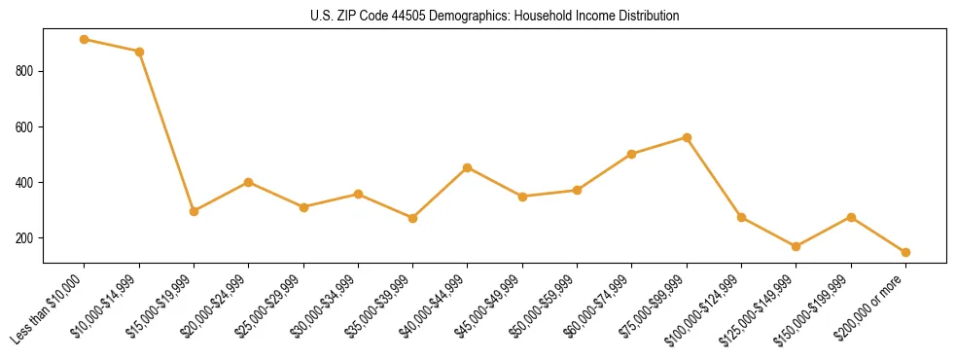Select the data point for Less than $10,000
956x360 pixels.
click(x=85, y=40)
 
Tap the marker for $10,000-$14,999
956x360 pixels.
click(x=139, y=52)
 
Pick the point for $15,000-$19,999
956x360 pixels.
click(x=195, y=211)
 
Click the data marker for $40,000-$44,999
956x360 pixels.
click(x=468, y=167)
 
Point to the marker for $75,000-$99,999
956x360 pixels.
click(x=687, y=137)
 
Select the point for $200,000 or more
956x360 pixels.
click(x=905, y=252)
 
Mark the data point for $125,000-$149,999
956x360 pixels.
click(x=796, y=246)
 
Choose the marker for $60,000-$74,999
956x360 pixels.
click(x=632, y=154)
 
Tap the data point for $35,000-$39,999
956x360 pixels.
click(x=413, y=218)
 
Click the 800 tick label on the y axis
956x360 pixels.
click(x=25, y=71)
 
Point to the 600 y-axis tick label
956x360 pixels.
click(x=25, y=126)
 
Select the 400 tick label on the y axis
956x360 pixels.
click(x=25, y=182)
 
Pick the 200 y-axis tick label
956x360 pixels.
click(x=25, y=238)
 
